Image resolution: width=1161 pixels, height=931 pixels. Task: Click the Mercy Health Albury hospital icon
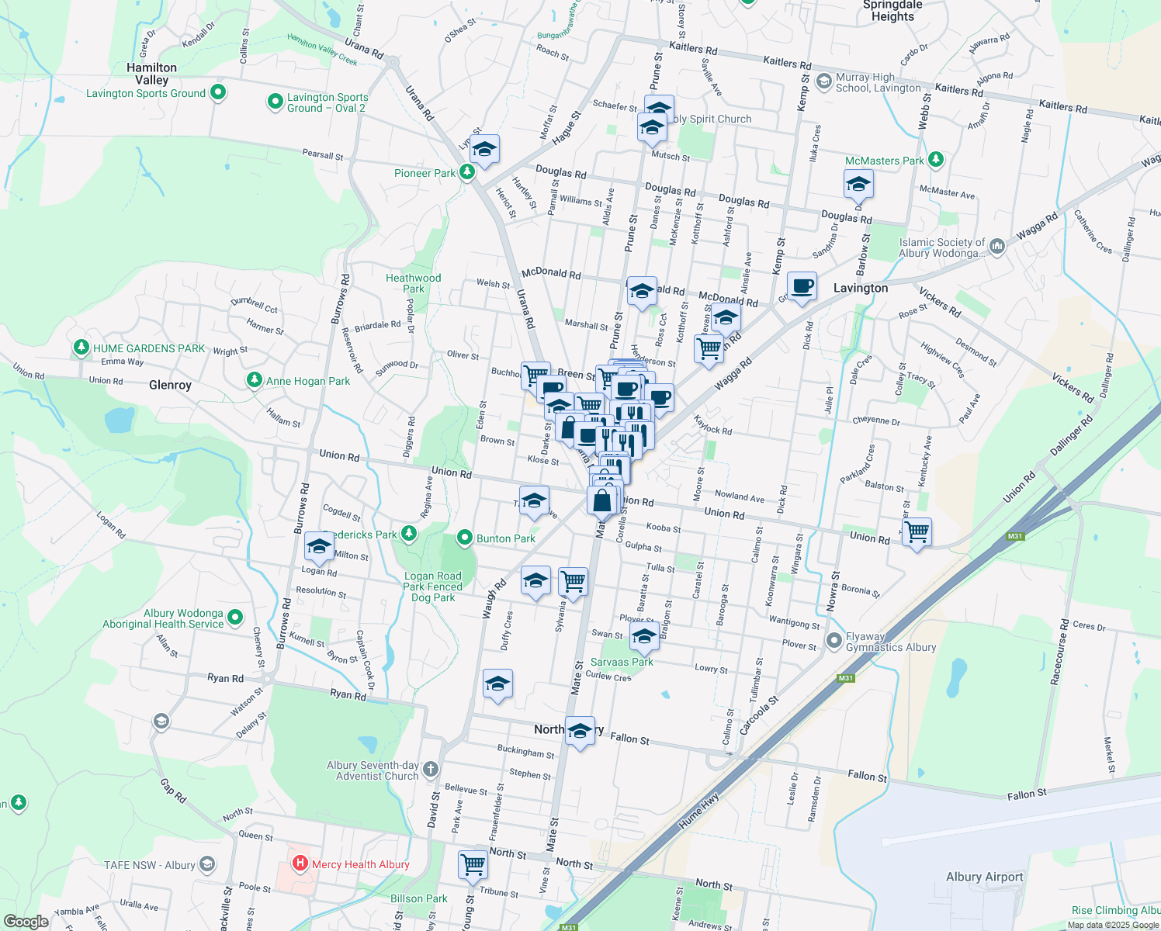point(300,864)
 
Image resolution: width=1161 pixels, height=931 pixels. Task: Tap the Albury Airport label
point(984,877)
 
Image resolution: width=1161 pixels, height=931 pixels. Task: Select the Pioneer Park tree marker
point(467,172)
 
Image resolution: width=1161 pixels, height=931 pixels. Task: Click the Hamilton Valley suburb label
point(151,74)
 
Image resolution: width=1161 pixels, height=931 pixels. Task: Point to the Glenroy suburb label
point(170,385)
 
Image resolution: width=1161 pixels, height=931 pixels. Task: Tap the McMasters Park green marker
point(936,160)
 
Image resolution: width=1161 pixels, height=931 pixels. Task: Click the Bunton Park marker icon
point(465,538)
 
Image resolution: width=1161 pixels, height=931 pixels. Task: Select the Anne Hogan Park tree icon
point(254,380)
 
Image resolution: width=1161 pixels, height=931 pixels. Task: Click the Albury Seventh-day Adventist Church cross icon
point(431,770)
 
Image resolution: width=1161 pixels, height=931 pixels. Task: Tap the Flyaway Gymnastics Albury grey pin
point(834,641)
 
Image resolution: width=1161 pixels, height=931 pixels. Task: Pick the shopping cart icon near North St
point(473,864)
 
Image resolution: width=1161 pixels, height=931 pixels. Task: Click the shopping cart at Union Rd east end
point(917,532)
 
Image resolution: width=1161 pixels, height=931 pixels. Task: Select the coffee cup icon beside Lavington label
point(802,286)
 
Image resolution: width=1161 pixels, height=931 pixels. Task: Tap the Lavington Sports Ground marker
point(218,92)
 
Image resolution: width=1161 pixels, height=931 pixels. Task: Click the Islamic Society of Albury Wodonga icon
point(997,247)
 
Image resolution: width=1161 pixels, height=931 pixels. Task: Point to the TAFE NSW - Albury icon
point(207,864)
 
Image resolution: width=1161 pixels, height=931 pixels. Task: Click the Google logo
point(26,921)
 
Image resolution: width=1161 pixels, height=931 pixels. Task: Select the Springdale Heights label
point(892,11)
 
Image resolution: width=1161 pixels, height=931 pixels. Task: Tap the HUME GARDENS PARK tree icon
point(81,348)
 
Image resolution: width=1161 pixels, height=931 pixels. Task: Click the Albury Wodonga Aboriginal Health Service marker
point(235,618)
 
